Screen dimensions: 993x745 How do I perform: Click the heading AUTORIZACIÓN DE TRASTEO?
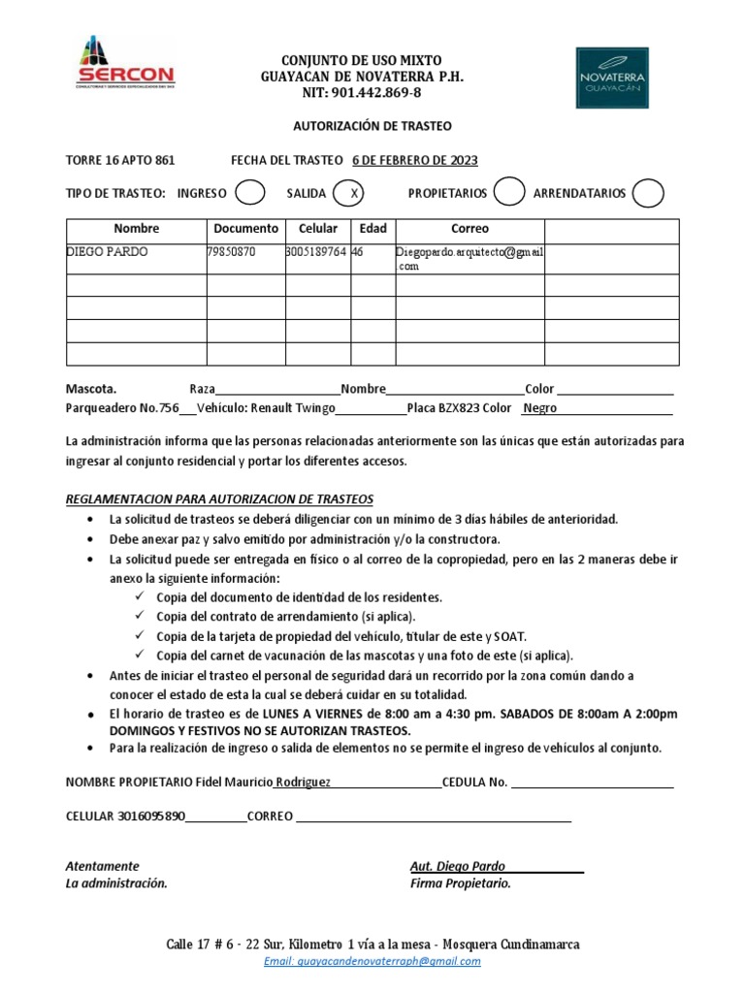[372, 126]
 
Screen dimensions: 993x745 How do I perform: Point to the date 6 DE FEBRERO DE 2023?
[414, 160]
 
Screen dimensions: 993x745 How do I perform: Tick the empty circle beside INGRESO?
[250, 193]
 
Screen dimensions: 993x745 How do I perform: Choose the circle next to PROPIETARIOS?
[508, 193]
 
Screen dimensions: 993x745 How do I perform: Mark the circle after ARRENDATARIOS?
[647, 193]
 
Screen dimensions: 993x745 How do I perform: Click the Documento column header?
[245, 229]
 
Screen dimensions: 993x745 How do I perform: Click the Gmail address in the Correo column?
[470, 259]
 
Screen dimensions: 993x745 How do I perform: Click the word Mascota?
[90, 388]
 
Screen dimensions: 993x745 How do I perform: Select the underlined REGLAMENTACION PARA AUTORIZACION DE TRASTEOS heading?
[219, 498]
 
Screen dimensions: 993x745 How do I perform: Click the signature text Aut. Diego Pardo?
[458, 866]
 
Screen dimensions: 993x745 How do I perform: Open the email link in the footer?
[372, 961]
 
